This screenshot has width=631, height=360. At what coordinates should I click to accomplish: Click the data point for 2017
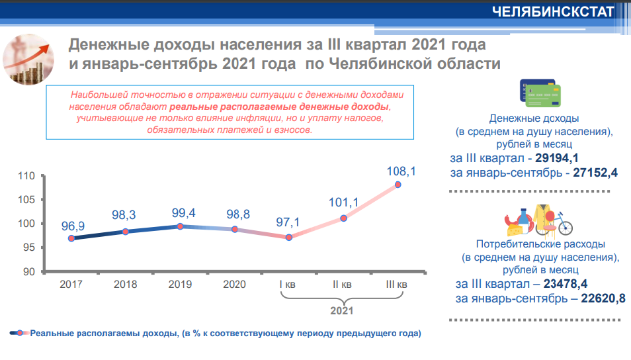point(71,238)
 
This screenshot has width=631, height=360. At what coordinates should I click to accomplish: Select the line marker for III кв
point(398,185)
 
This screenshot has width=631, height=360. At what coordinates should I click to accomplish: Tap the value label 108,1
point(401,171)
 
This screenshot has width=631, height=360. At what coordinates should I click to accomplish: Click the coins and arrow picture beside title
point(32,61)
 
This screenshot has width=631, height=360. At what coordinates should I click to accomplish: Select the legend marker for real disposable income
point(20,333)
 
